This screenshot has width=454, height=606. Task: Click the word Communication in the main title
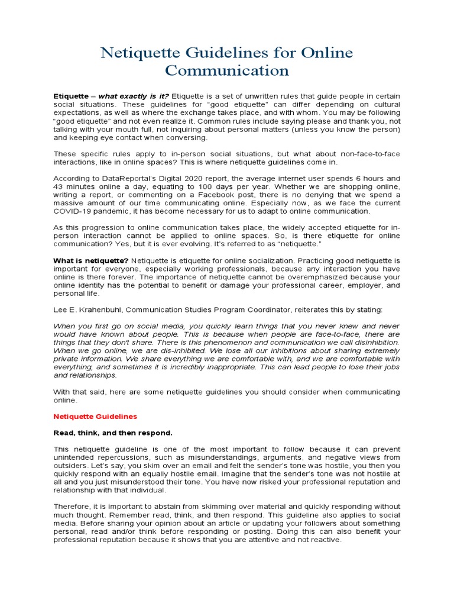coord(227,71)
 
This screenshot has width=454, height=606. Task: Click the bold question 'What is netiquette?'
coord(90,260)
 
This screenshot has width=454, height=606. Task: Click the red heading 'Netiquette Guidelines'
coord(95,417)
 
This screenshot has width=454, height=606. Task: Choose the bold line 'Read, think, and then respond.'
coord(113,433)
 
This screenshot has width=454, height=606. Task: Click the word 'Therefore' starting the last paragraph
coord(71,507)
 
